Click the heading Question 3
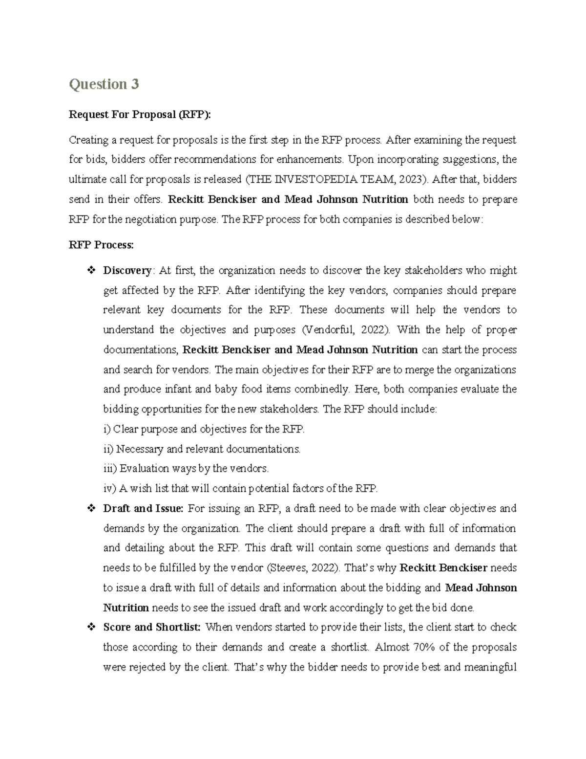104,84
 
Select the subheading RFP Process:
101,245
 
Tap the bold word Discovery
127,270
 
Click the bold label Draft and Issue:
143,508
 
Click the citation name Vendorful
331,330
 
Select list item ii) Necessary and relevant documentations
202,449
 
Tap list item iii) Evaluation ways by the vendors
186,468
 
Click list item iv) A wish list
240,488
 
